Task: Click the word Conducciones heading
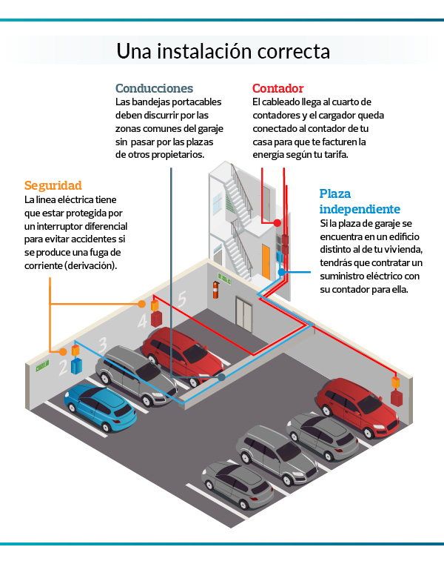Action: (154, 88)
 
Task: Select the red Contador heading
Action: (277, 88)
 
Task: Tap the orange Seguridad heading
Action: (53, 185)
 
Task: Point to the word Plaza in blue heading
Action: (335, 194)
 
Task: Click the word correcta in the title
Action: (292, 52)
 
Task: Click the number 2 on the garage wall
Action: (63, 365)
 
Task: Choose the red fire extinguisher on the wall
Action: (216, 287)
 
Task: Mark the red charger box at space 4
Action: (156, 319)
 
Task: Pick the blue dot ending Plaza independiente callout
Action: (282, 272)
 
